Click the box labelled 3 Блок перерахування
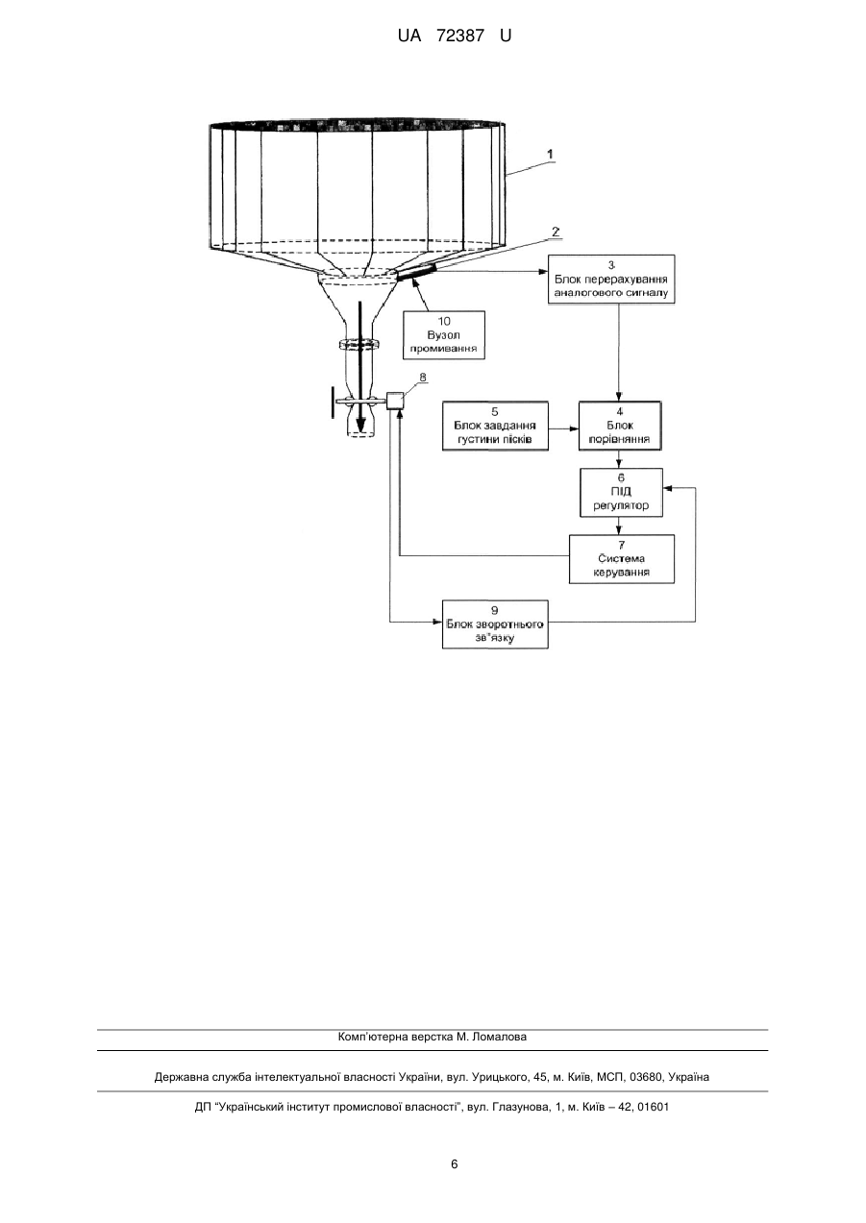(x=611, y=279)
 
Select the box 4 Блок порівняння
(x=620, y=426)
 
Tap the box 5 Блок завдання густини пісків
(x=495, y=426)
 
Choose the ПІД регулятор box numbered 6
(x=621, y=492)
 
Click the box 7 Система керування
(x=622, y=558)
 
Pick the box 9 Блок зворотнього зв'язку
(x=495, y=624)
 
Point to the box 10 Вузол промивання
(x=444, y=334)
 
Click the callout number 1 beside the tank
(x=550, y=154)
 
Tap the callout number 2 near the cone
(x=556, y=231)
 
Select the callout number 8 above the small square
(x=423, y=377)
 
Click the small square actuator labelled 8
(x=395, y=401)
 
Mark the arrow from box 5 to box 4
(x=563, y=428)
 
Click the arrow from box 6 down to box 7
(x=618, y=526)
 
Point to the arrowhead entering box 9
(x=437, y=622)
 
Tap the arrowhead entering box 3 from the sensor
(x=543, y=271)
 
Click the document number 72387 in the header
(x=460, y=36)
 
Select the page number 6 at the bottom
(x=454, y=1164)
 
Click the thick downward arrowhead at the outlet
(x=360, y=425)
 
